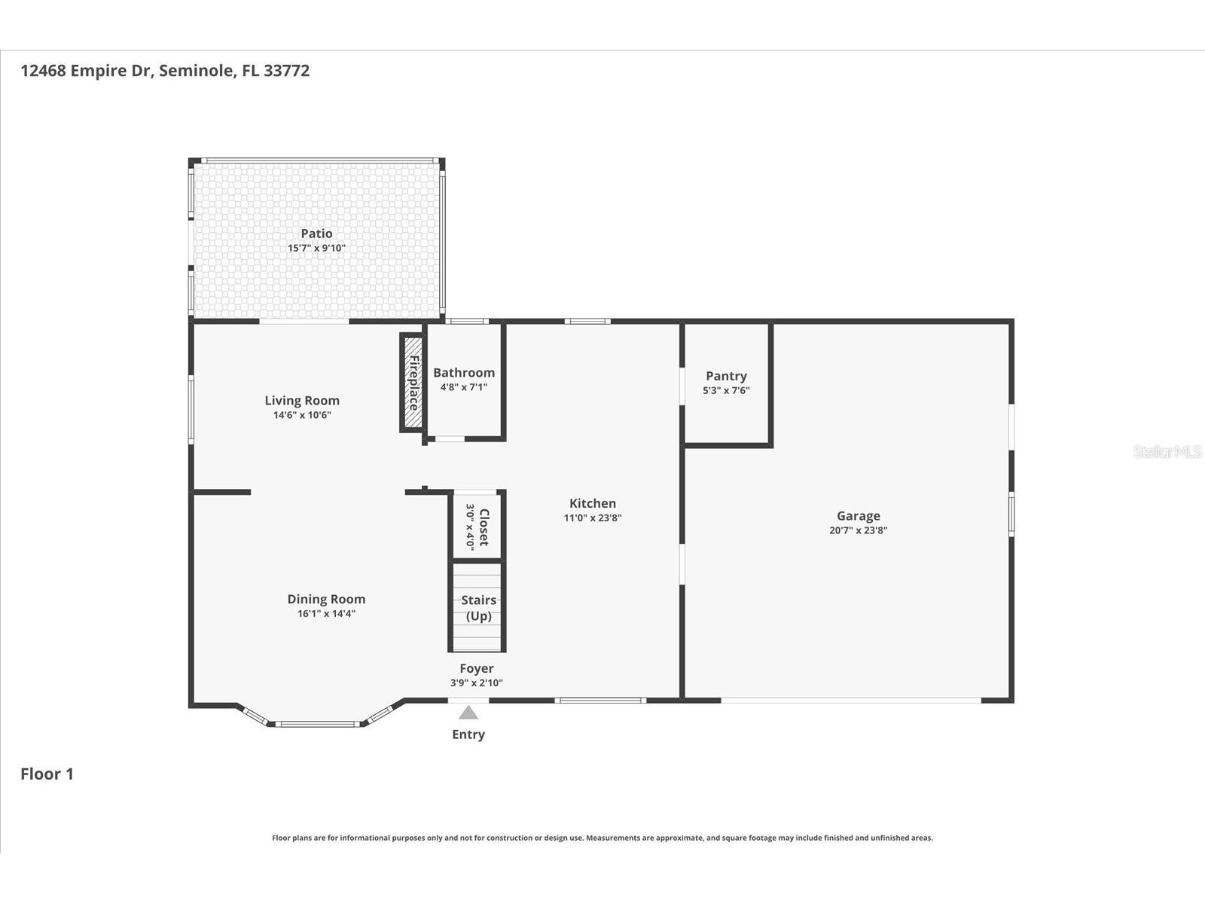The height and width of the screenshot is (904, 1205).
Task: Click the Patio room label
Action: (x=316, y=234)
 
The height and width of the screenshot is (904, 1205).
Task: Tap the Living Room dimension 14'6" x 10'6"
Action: (x=302, y=415)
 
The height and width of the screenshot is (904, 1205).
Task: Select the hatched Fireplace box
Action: (x=413, y=383)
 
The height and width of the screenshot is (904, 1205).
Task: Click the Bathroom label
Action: (x=464, y=373)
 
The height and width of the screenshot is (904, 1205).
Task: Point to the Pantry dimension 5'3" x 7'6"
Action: (x=726, y=390)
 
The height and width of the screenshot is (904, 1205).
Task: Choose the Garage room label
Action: (x=858, y=516)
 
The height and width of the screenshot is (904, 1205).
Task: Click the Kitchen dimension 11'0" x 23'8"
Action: (x=593, y=518)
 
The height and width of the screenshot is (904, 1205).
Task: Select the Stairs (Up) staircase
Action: (x=477, y=607)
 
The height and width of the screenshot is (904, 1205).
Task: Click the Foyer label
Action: (x=477, y=668)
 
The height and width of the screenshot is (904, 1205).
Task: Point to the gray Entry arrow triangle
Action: (x=468, y=713)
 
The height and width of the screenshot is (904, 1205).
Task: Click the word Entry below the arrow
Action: (x=468, y=734)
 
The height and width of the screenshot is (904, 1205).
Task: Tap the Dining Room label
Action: (x=326, y=600)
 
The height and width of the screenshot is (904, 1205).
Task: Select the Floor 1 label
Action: (x=47, y=774)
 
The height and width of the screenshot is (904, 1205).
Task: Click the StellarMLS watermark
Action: (x=1167, y=451)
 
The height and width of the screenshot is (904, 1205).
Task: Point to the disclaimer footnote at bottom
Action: (x=602, y=838)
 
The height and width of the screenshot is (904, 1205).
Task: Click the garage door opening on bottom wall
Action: (x=851, y=701)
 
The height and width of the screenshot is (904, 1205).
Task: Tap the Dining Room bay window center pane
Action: (x=316, y=724)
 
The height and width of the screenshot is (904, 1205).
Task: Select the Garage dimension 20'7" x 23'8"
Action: (x=858, y=530)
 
